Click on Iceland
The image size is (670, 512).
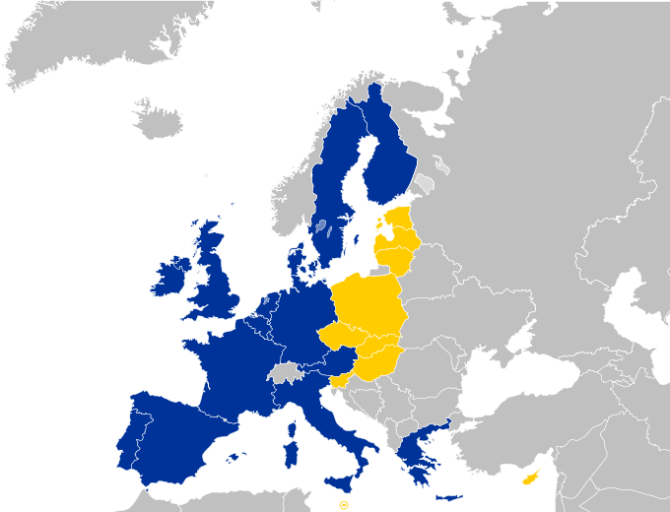pyautogui.click(x=158, y=121)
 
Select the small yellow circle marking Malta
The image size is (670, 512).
pyautogui.click(x=344, y=504)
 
